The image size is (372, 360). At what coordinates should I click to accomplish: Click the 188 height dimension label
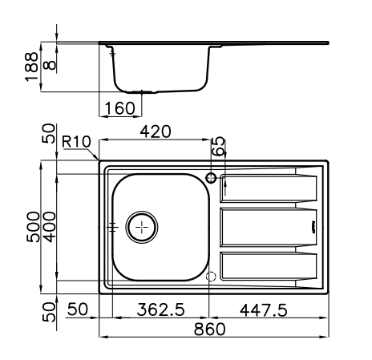click(32, 67)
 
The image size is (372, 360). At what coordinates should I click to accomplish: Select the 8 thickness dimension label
click(50, 65)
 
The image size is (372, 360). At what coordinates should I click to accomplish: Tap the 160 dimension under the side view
click(120, 108)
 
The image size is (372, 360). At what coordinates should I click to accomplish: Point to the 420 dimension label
click(156, 131)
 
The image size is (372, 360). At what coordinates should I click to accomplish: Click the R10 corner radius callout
click(76, 141)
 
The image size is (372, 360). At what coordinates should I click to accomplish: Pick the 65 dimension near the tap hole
click(219, 146)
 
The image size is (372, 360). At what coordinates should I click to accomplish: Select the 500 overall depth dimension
click(33, 227)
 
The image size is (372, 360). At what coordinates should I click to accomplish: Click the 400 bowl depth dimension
click(50, 227)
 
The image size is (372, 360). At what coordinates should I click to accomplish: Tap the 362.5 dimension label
click(161, 309)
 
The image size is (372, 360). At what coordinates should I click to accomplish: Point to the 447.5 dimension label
click(264, 310)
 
